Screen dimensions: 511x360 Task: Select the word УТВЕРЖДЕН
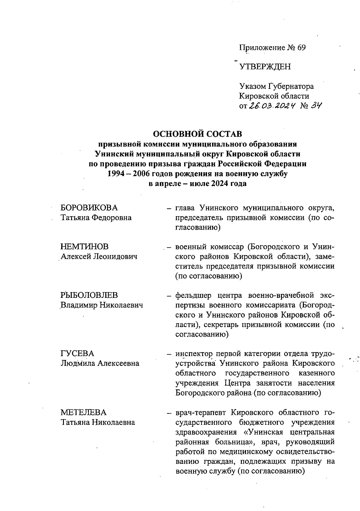[265, 67]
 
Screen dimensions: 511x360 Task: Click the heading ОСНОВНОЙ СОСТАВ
[197, 134]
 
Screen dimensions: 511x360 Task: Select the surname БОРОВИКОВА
[89, 208]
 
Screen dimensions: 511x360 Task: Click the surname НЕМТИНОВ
[85, 247]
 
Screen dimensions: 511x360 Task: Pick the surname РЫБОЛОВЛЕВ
[89, 295]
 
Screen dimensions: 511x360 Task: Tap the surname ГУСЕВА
[77, 353]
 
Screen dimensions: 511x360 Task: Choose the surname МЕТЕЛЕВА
[84, 412]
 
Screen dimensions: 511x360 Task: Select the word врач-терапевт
[201, 412]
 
